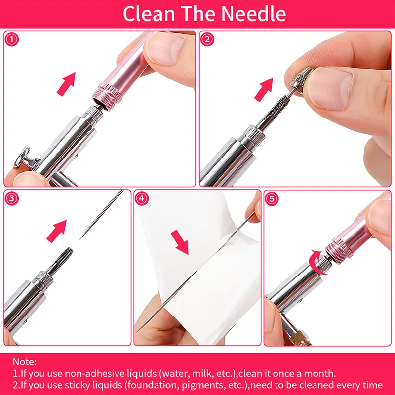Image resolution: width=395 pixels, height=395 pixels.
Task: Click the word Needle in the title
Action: pos(255,14)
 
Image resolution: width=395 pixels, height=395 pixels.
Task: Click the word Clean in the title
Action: pos(146,14)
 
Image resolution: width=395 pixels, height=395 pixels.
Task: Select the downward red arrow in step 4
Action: pos(179,242)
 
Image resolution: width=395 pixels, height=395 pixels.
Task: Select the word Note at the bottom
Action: pos(23,362)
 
